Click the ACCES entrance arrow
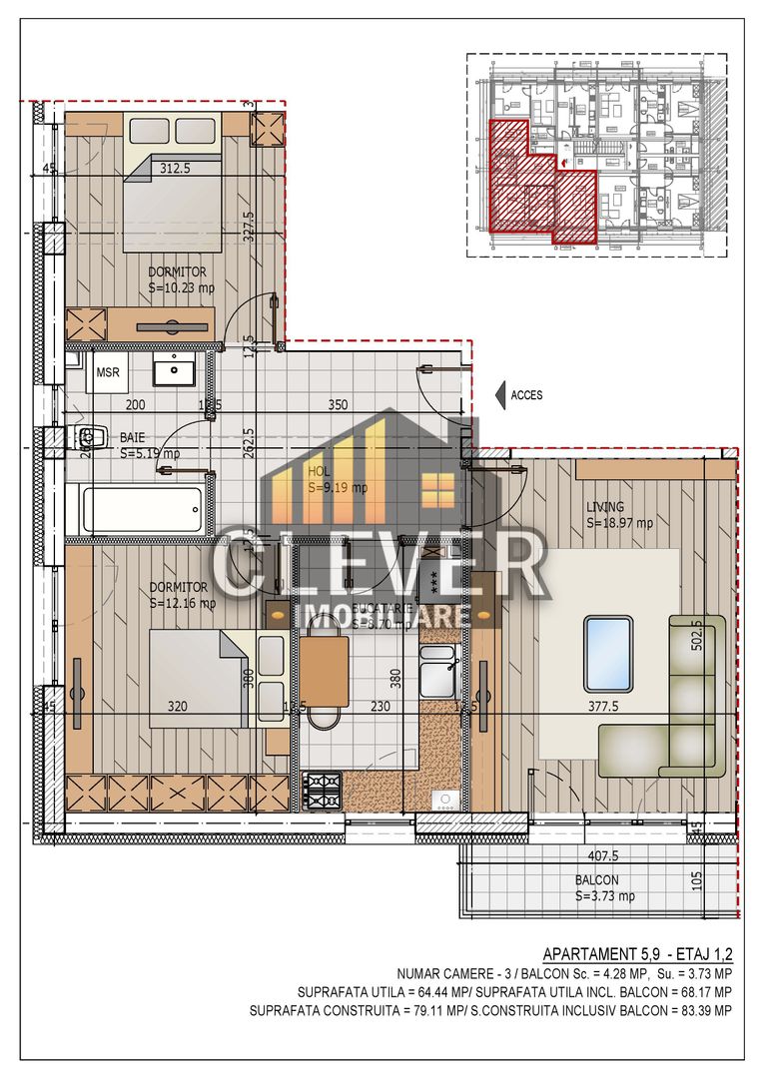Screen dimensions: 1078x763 [502, 395]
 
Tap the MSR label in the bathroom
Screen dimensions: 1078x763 [107, 372]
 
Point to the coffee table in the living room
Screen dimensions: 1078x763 [607, 654]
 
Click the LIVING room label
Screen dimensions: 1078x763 [605, 507]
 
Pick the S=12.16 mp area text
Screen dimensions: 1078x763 [182, 603]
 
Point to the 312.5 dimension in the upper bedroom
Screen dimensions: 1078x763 [175, 169]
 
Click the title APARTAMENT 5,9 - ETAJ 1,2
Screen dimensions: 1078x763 [636, 953]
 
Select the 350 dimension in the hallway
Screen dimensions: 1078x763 [338, 405]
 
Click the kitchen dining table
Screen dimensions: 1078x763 [324, 671]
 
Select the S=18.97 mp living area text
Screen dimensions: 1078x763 [619, 522]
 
